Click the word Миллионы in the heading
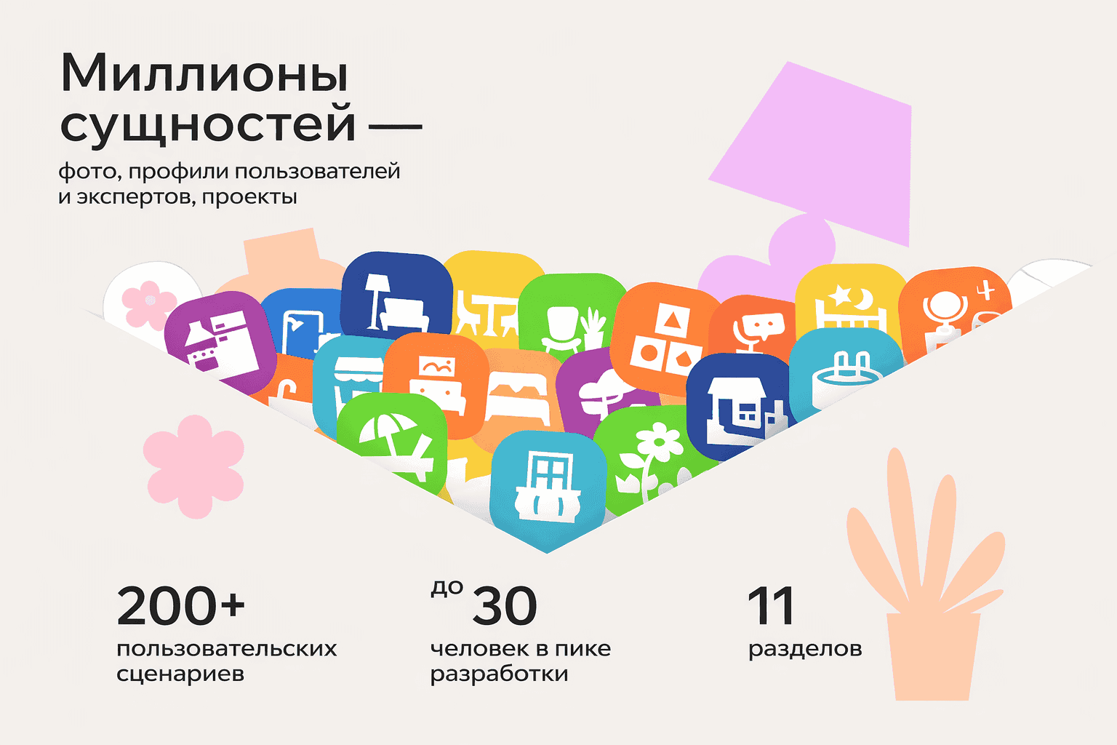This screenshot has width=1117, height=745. click(x=204, y=74)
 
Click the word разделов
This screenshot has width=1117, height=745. click(x=805, y=648)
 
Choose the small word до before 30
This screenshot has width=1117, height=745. click(x=447, y=588)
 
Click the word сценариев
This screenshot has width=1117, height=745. click(x=180, y=674)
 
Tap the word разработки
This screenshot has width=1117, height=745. click(x=499, y=674)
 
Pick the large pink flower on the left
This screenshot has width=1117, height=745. click(x=193, y=466)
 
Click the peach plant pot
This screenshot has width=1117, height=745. click(x=932, y=655)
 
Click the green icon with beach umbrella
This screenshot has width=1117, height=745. click(x=393, y=437)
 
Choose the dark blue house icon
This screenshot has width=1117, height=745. click(x=736, y=407)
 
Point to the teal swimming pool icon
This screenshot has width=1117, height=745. click(x=844, y=371)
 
